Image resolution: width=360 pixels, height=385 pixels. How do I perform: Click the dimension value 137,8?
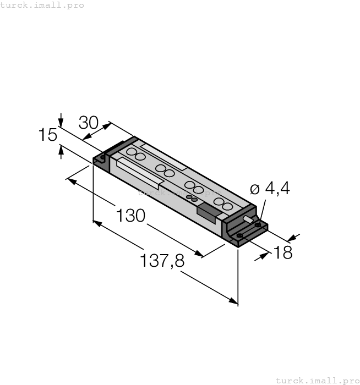point(162,260)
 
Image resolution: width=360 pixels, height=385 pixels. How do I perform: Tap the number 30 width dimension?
point(89,122)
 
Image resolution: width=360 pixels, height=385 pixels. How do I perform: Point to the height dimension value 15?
point(48,135)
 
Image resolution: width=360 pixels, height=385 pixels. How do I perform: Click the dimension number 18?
point(282,253)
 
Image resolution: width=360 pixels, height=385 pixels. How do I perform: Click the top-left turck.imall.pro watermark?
point(42,5)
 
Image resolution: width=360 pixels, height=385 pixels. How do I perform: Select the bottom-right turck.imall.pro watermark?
point(317,380)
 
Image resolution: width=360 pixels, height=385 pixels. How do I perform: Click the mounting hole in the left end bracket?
point(102,158)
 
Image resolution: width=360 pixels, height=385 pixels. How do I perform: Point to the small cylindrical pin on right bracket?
point(249,221)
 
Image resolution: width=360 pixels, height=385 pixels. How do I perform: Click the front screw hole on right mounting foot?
point(239,236)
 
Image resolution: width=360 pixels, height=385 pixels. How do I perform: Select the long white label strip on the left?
point(138,169)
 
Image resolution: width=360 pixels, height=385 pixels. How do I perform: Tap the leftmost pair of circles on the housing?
point(136,154)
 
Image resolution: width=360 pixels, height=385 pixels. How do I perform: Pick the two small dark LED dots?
point(191,198)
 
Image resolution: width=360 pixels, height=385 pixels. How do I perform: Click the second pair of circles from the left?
point(165,170)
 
